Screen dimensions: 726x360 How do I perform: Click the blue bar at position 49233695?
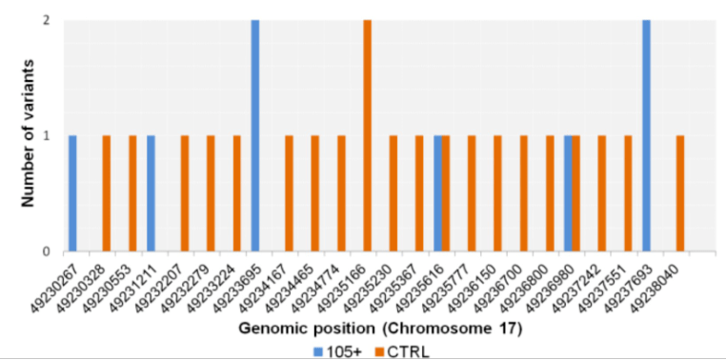pos(255,135)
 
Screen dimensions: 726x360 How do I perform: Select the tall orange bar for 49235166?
pos(368,135)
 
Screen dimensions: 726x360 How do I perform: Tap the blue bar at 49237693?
pos(646,135)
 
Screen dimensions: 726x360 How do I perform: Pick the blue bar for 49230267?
pos(72,193)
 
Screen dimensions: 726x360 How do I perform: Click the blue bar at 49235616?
pos(437,193)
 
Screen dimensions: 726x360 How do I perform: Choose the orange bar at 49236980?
pos(576,193)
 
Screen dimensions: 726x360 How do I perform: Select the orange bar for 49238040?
pos(680,193)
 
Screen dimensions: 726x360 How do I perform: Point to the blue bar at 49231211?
pos(151,193)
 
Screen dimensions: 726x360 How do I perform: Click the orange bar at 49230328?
pos(107,193)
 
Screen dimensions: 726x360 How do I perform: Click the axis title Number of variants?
pos(29,133)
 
